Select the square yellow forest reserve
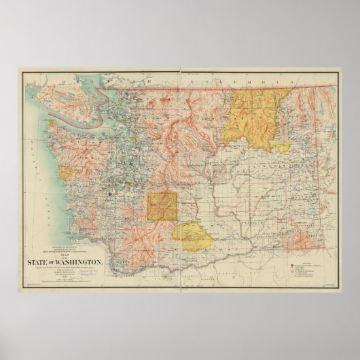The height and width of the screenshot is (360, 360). [162, 206]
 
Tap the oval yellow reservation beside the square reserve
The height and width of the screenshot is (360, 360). [191, 231]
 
